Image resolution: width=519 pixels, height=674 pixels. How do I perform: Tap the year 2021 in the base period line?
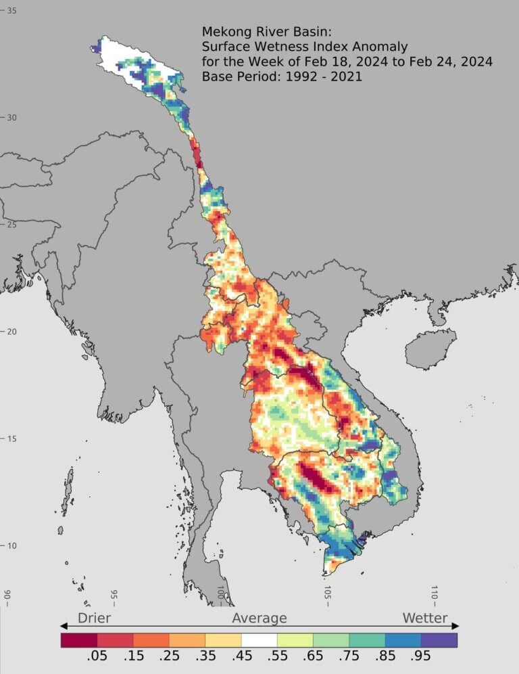(x=345, y=76)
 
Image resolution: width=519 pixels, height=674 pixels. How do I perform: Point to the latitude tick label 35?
(x=12, y=11)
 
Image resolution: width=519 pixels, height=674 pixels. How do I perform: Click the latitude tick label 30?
(x=12, y=118)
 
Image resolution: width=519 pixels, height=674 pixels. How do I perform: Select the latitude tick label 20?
(x=12, y=332)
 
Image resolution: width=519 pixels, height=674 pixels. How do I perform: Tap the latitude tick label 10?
(x=12, y=546)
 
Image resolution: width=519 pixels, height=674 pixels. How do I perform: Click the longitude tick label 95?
(x=114, y=595)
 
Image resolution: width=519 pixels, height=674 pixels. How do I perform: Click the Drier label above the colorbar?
(x=94, y=618)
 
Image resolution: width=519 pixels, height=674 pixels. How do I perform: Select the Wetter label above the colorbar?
(x=424, y=618)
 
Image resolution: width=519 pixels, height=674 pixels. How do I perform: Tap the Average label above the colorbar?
(x=259, y=618)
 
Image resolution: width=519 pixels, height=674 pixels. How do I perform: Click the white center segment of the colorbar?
(x=259, y=639)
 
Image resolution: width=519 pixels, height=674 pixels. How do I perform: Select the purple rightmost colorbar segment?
(x=439, y=639)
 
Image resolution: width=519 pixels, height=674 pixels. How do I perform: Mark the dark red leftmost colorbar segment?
(x=79, y=639)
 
